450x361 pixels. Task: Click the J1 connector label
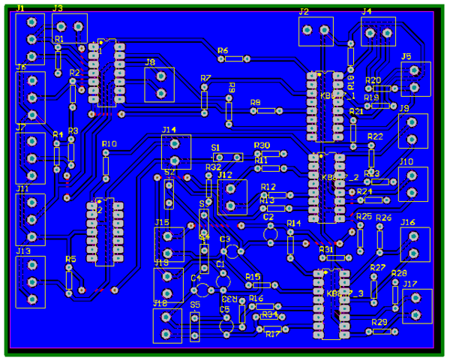20,7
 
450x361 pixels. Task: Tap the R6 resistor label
223,50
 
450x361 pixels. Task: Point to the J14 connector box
176,152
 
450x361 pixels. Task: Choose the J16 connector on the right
415,244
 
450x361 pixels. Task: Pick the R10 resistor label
109,143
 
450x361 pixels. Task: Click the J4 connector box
378,32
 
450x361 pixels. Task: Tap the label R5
70,259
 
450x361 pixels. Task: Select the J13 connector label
23,251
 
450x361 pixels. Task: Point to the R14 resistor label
294,224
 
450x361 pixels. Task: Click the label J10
406,161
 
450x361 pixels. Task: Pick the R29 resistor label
380,322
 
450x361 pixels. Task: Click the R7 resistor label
206,78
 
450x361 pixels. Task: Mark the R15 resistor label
253,277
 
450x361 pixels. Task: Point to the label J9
403,109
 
